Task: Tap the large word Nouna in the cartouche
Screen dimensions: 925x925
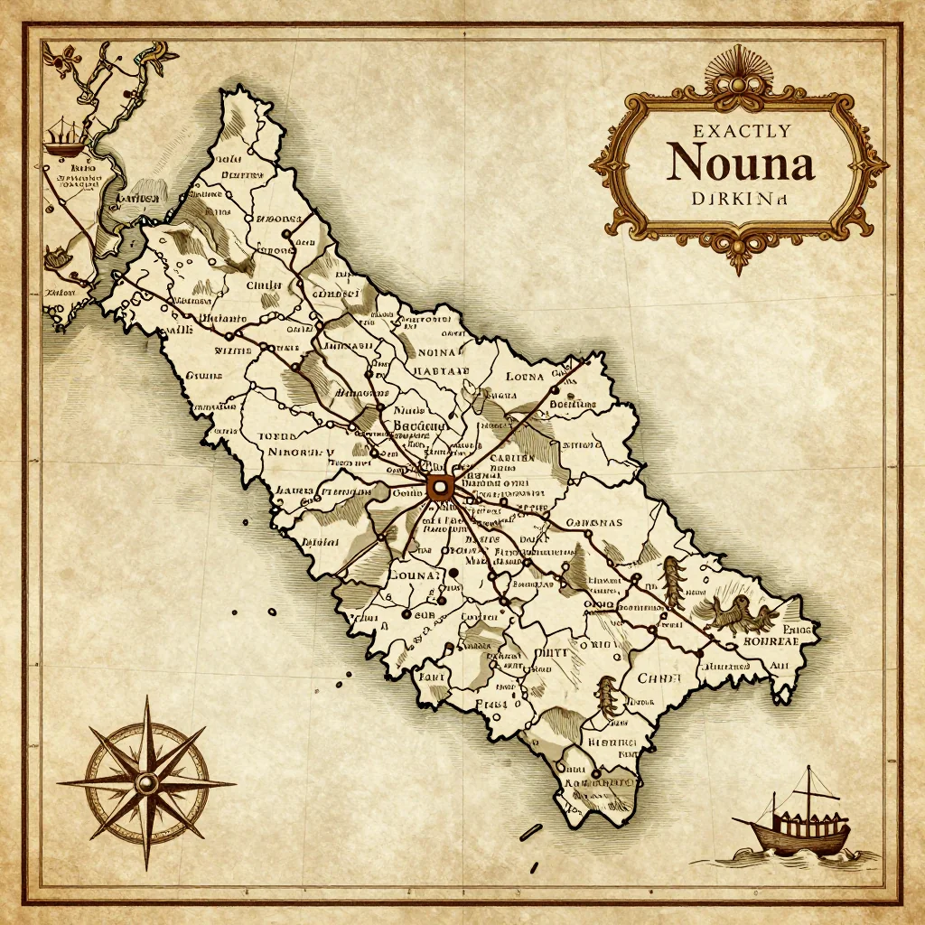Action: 740,164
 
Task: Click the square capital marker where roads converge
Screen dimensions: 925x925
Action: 440,488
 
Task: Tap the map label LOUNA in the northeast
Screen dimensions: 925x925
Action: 525,376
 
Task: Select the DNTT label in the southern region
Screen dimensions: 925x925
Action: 549,651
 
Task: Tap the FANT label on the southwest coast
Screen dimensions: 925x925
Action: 432,674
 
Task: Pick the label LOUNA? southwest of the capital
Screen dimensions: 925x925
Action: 413,574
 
